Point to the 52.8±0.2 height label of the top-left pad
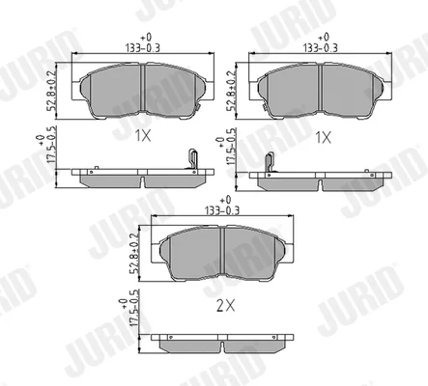click(51, 91)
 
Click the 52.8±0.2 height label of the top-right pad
click(230, 91)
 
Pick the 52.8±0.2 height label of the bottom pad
click(134, 254)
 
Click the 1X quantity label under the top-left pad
click(143, 136)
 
